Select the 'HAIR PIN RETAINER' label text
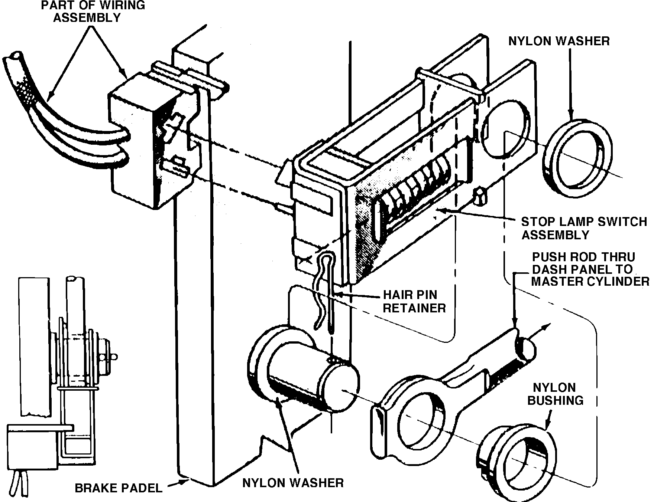coord(414,301)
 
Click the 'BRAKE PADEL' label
coord(119,488)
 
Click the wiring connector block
coord(137,141)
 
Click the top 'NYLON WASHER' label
coord(559,41)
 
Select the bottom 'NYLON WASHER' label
coord(293,483)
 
